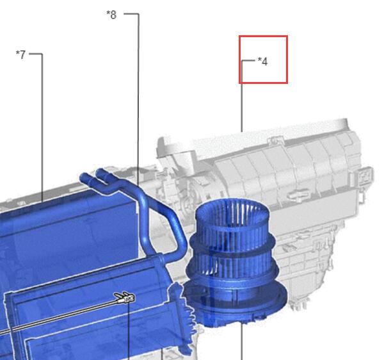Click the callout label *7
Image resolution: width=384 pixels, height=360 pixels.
pos(20,54)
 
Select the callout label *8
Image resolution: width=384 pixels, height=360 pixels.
pos(111,15)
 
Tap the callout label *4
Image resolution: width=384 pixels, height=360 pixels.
pos(263,61)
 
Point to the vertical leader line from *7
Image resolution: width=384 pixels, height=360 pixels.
pos(42,127)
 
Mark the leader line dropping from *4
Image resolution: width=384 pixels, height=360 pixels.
pos(242,96)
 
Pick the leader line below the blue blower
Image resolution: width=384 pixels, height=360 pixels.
pos(242,341)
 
